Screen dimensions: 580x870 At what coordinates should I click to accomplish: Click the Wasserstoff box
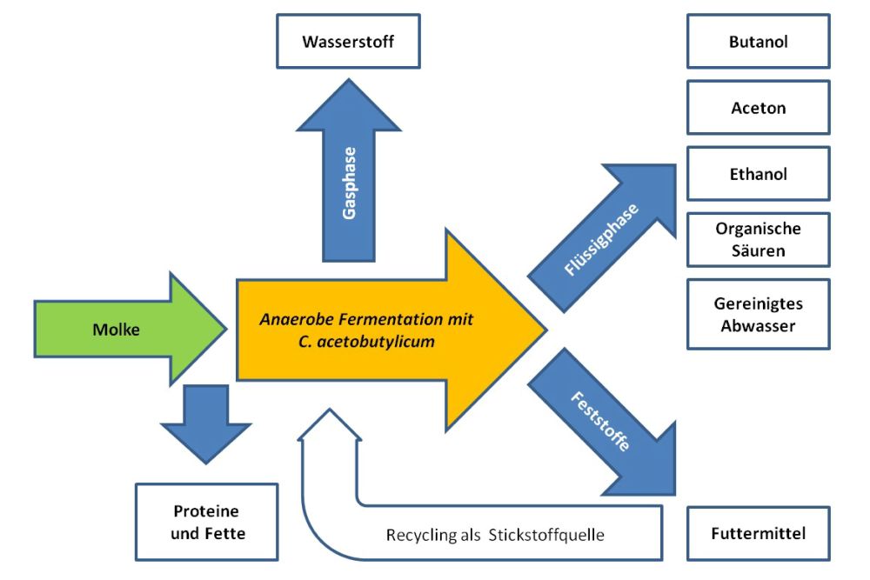pyautogui.click(x=348, y=41)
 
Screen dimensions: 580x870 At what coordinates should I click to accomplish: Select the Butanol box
pyautogui.click(x=759, y=41)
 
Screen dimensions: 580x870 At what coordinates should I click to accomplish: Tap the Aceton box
pyautogui.click(x=759, y=108)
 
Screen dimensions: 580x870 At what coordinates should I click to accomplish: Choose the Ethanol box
pyautogui.click(x=759, y=174)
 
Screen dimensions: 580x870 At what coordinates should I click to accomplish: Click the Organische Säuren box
pyautogui.click(x=759, y=240)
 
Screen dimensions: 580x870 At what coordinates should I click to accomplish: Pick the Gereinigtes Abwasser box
pyautogui.click(x=759, y=314)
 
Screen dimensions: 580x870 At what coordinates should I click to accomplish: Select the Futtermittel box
pyautogui.click(x=759, y=533)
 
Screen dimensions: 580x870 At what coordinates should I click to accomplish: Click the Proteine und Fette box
pyautogui.click(x=206, y=522)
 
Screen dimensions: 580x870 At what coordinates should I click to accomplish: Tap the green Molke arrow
pyautogui.click(x=122, y=329)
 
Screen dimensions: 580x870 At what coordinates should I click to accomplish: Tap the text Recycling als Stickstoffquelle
pyautogui.click(x=494, y=534)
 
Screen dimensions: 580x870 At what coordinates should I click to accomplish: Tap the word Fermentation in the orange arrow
pyautogui.click(x=380, y=318)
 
